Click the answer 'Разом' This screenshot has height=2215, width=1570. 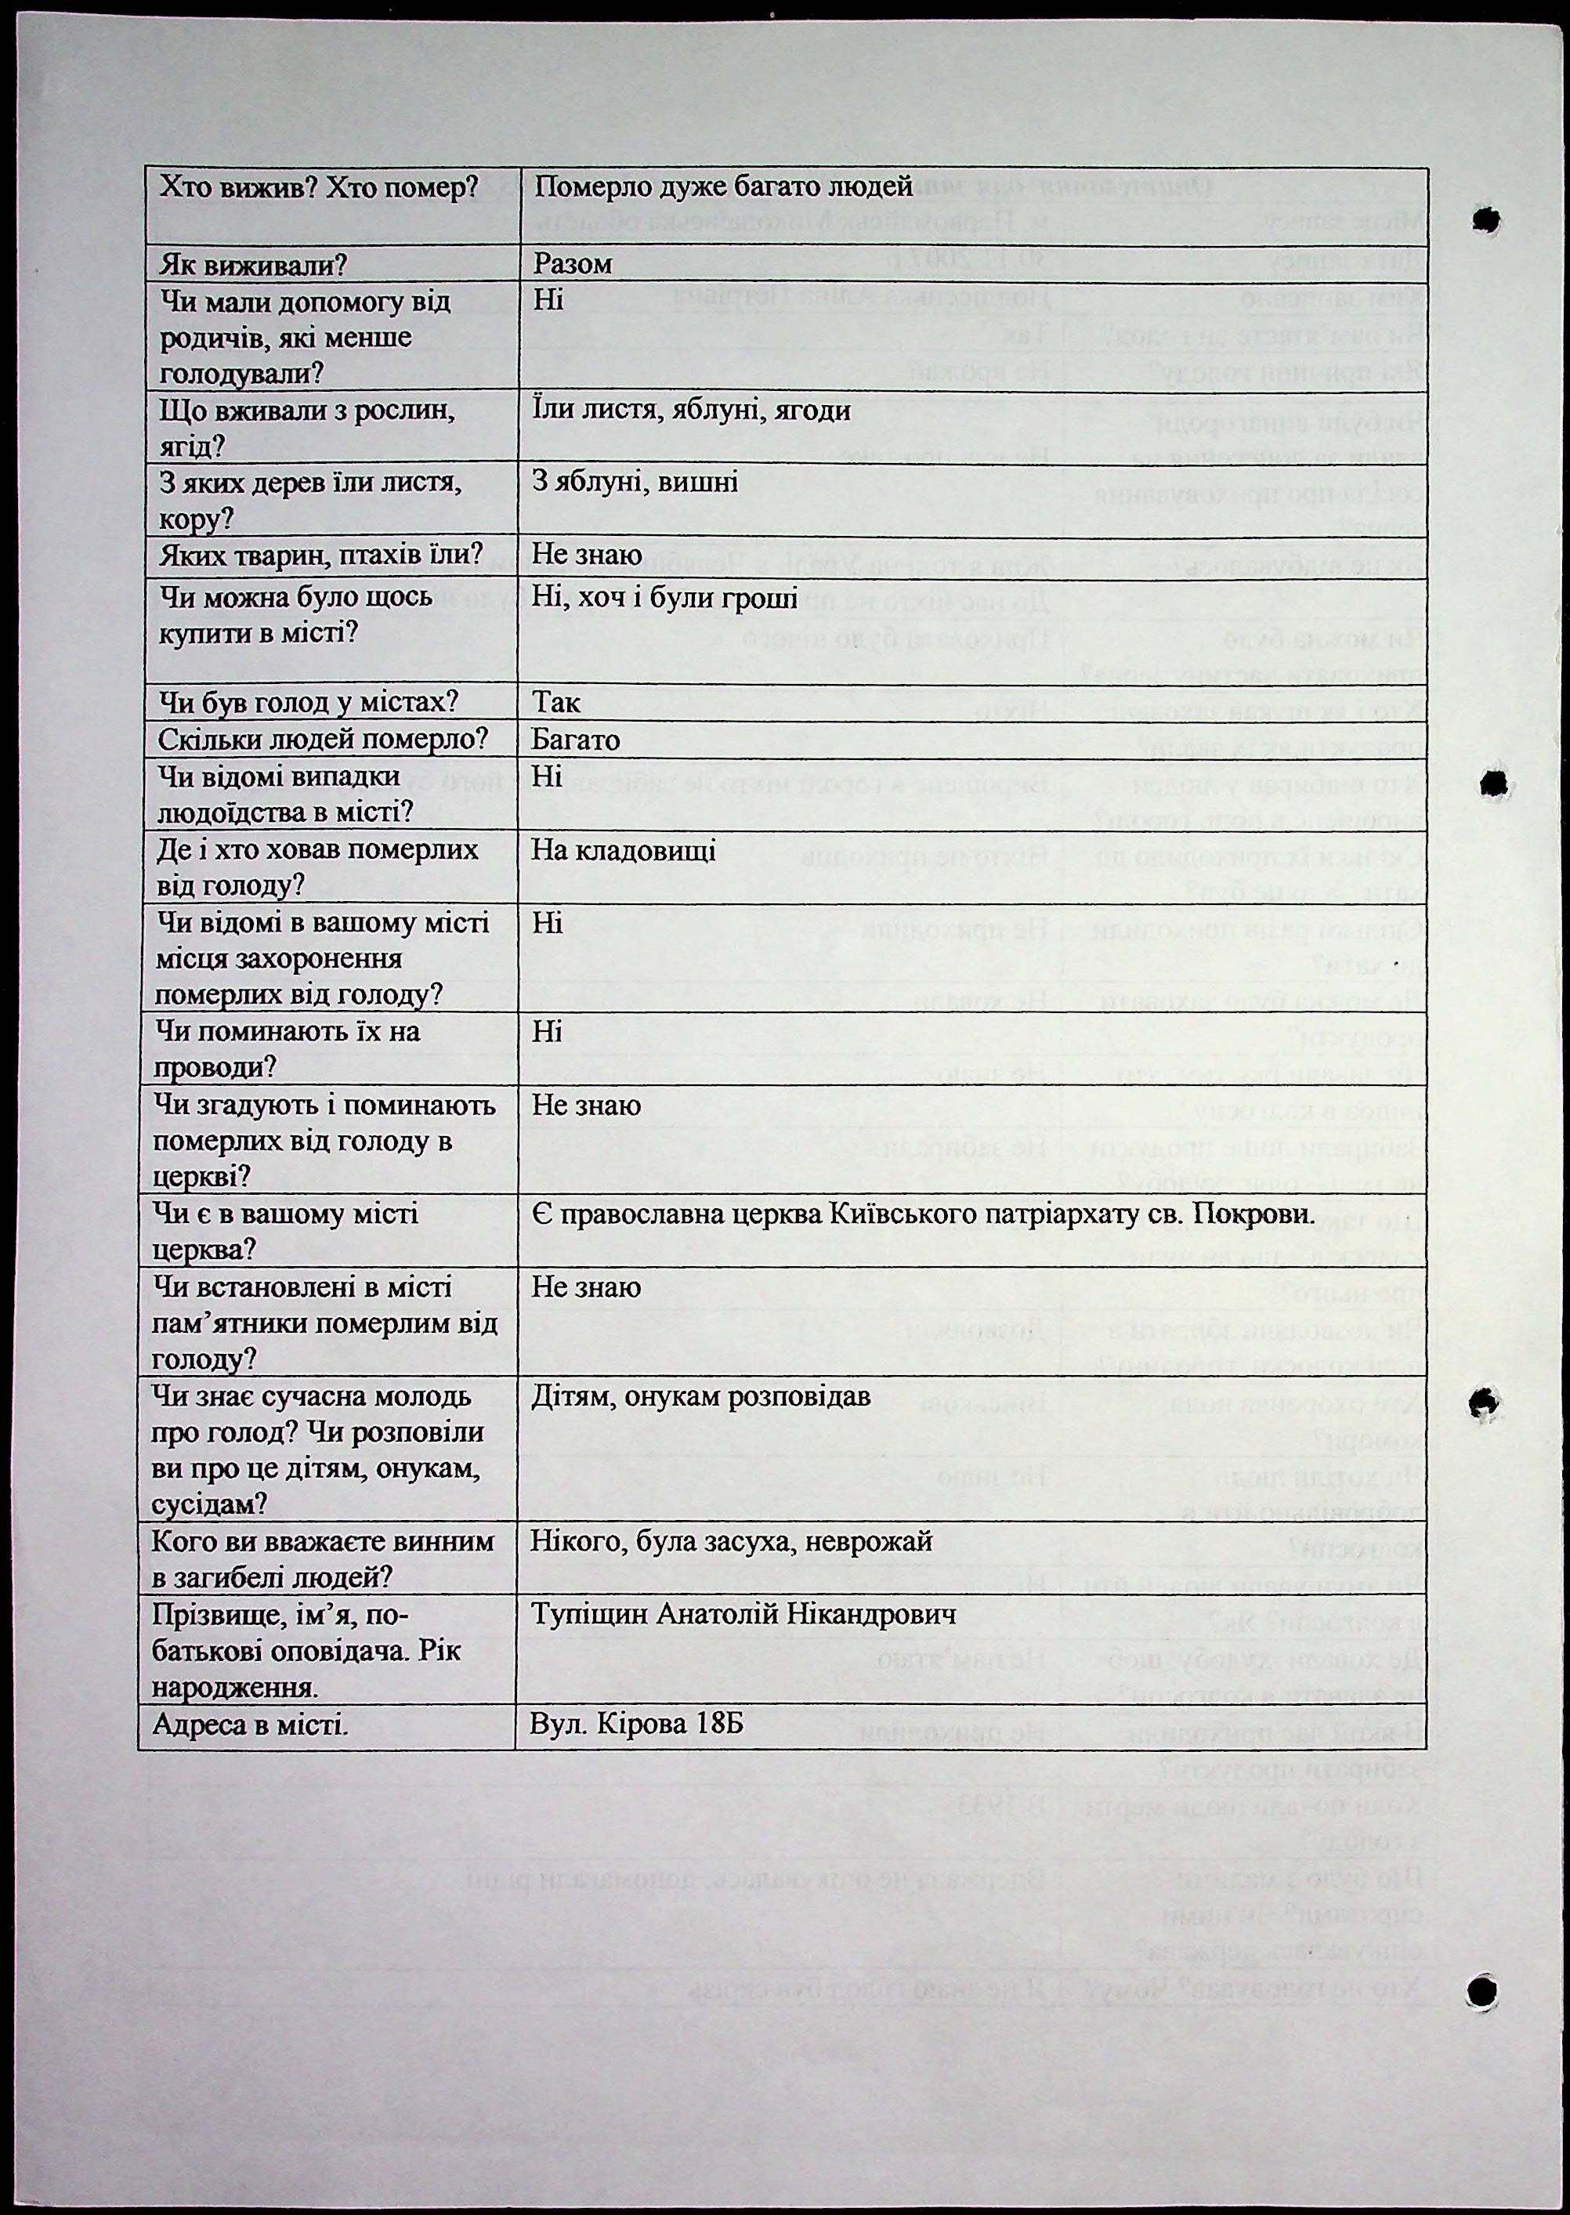573,264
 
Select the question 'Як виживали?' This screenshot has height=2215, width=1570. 253,265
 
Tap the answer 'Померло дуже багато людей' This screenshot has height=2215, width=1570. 724,187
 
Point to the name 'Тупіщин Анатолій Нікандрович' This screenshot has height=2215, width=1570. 743,1616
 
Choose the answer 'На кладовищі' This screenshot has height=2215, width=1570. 624,851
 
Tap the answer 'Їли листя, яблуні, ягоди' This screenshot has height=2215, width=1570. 691,411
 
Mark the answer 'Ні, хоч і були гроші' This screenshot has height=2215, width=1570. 664,599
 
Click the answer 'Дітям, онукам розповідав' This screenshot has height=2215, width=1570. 701,1397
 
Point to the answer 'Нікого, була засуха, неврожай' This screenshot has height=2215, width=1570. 731,1542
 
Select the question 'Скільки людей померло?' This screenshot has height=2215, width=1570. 324,740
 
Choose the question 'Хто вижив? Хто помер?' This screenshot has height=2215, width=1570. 320,187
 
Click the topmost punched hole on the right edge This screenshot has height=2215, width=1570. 1486,222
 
